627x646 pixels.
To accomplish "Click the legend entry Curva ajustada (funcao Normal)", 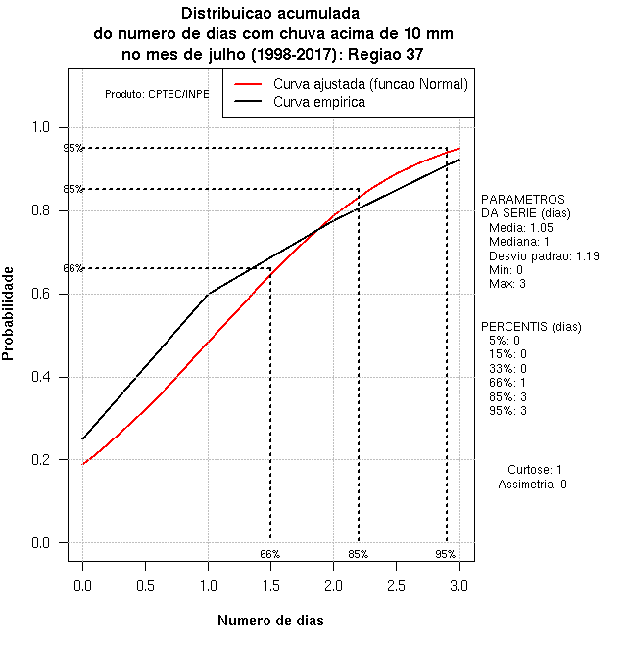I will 370,84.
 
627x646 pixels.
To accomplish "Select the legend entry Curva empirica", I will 319,102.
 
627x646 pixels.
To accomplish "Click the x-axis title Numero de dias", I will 269,621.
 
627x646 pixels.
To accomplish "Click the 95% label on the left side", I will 72,149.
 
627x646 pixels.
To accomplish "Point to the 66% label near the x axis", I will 269,554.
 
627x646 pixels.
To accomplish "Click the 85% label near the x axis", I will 358,554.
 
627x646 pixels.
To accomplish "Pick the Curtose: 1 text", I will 535,470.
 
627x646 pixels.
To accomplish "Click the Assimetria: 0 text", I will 532,484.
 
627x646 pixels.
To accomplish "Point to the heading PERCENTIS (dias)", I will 530,326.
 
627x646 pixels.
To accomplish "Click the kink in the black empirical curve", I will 208,294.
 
